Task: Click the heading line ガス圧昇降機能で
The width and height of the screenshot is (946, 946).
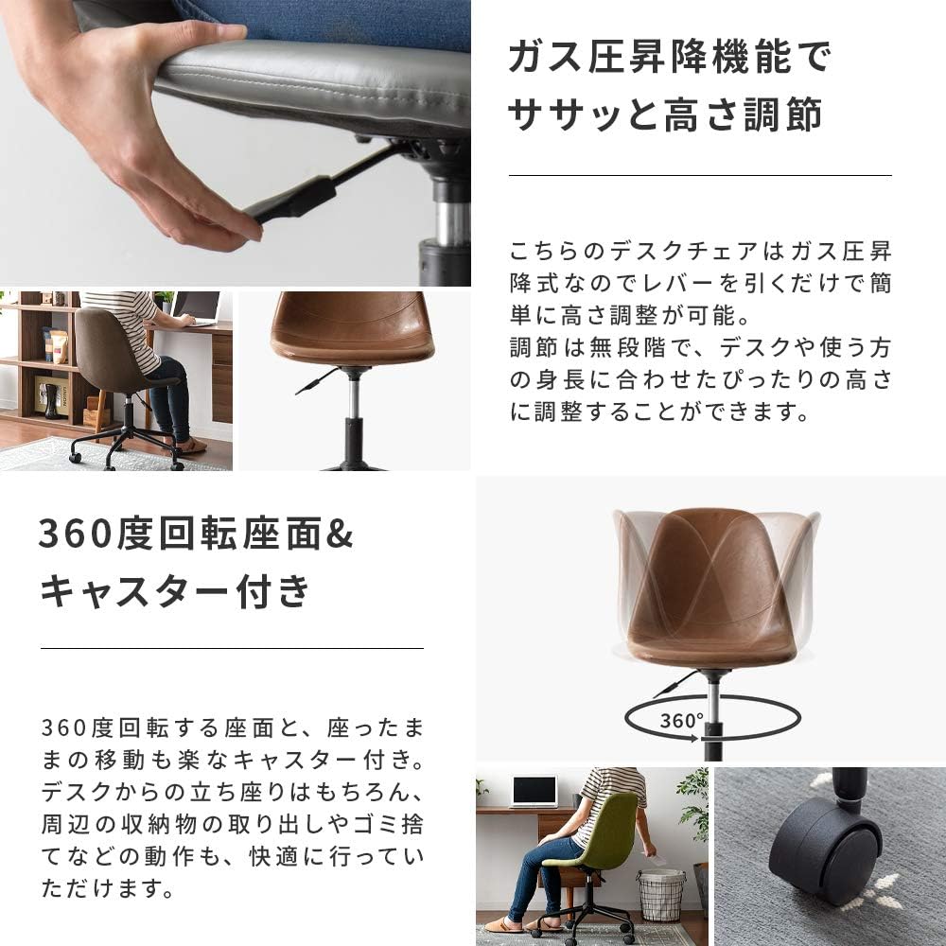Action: point(670,59)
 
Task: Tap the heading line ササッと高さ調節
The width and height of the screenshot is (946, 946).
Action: point(665,116)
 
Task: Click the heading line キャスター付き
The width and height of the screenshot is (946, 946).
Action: point(175,592)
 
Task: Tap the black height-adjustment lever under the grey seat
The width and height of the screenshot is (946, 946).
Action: point(293,200)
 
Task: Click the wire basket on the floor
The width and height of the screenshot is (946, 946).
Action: point(661,894)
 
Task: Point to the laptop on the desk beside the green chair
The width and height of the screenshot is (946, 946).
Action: point(534,791)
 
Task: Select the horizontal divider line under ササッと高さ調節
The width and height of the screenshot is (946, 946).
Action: point(699,175)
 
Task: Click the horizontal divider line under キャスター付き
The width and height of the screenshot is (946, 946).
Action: point(231,648)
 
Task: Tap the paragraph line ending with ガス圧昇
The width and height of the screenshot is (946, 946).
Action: point(700,253)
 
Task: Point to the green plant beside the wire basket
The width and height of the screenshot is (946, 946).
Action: point(694,804)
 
